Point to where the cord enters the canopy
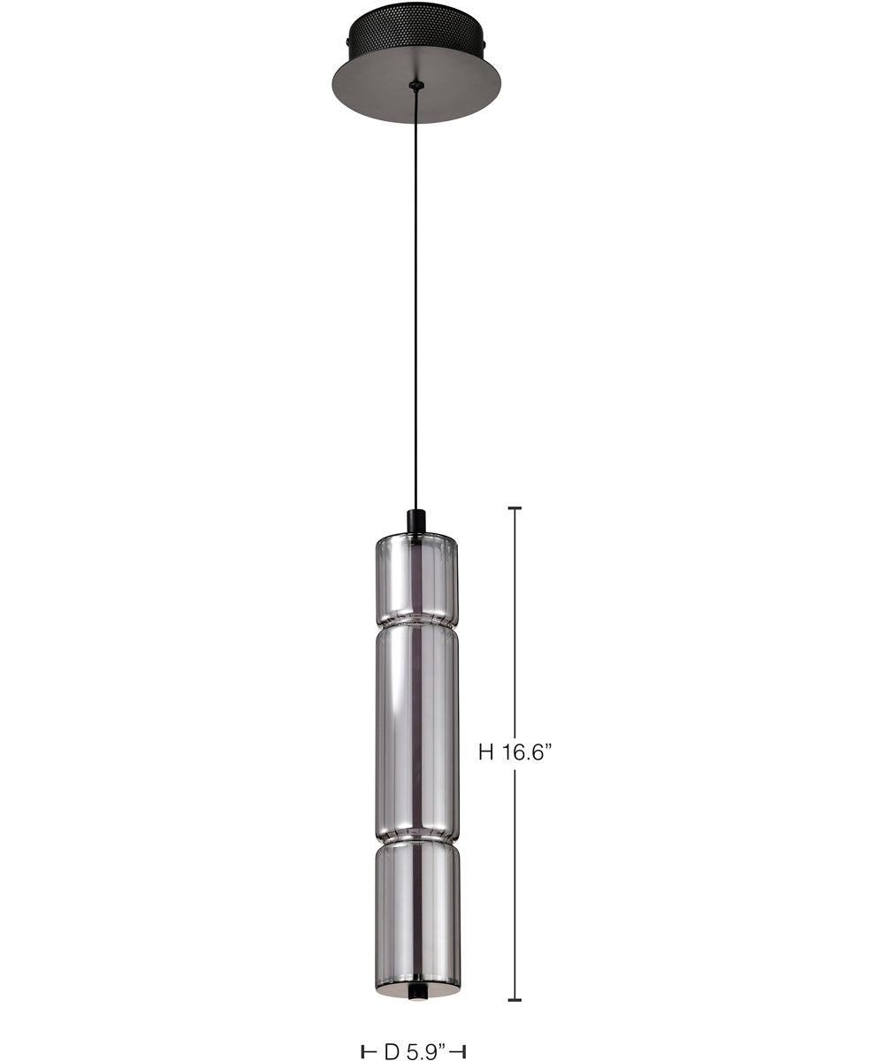pyautogui.click(x=416, y=86)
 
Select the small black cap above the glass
pyautogui.click(x=415, y=522)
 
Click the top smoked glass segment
pyautogui.click(x=416, y=579)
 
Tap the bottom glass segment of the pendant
pyautogui.click(x=416, y=911)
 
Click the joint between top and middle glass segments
pyautogui.click(x=416, y=625)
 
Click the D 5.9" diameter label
pyautogui.click(x=414, y=1051)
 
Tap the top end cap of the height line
pyautogui.click(x=515, y=508)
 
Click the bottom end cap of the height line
pyautogui.click(x=515, y=1000)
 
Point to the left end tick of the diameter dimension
pyautogui.click(x=365, y=1051)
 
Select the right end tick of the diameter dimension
pyautogui.click(x=462, y=1051)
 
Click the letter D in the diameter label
pyautogui.click(x=391, y=1051)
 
